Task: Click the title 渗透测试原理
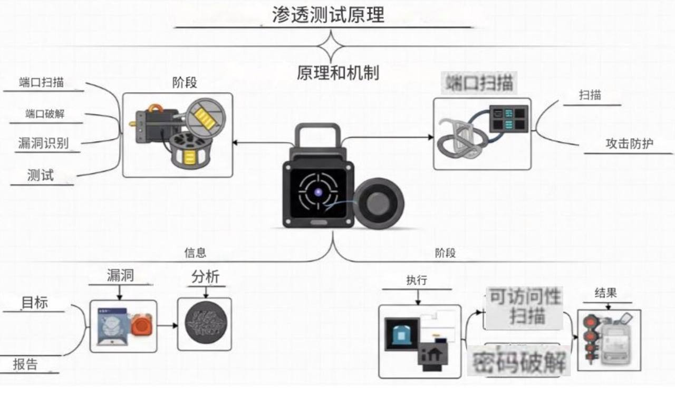point(328,14)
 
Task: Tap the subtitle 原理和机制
point(337,73)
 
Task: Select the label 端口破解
point(45,114)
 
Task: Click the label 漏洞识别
point(43,143)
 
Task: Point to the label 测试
point(40,175)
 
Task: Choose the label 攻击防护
point(629,143)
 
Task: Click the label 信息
point(195,253)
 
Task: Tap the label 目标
point(35,303)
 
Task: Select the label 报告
point(25,364)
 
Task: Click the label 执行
point(417,281)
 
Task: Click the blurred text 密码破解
point(519,362)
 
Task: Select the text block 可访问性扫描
point(523,306)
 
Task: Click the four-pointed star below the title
point(331,46)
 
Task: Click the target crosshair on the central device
point(318,192)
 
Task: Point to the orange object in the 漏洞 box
point(141,324)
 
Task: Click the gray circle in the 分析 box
point(205,324)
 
